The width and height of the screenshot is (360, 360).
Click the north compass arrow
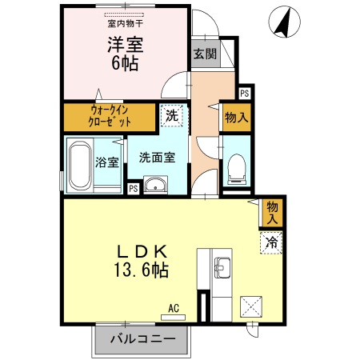[x=281, y=21]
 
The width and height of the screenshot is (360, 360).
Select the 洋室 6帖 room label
[x=125, y=54]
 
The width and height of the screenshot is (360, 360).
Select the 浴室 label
[x=107, y=162]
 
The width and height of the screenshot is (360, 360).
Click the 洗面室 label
[x=157, y=158]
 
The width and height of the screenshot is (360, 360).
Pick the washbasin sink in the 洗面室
[x=157, y=186]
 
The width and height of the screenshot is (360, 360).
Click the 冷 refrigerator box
[x=272, y=241]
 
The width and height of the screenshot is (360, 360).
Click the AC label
[x=174, y=306]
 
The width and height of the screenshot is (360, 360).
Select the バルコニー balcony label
[x=142, y=340]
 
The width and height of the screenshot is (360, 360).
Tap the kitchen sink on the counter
[x=221, y=266]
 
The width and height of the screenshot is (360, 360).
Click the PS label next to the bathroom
[x=133, y=189]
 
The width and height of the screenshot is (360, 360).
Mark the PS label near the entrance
[x=244, y=93]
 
